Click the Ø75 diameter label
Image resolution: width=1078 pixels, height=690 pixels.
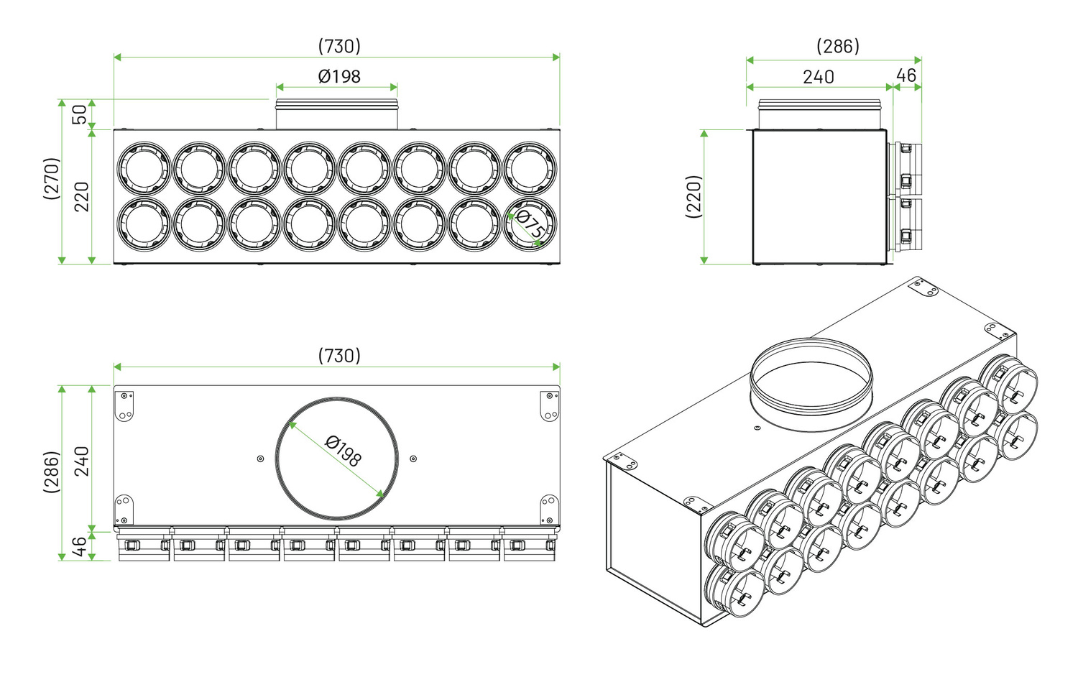coord(530,225)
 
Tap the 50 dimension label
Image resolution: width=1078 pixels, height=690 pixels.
coord(80,114)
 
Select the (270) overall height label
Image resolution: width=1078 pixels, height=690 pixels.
coord(52,178)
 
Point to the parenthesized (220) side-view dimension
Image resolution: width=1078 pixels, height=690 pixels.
coord(694,196)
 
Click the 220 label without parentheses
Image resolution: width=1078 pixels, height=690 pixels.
coord(82,196)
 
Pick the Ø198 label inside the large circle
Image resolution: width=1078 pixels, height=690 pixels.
coord(344,451)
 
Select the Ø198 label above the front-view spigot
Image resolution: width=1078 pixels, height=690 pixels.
coord(338,76)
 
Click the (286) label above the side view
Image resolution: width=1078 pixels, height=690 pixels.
coord(838,46)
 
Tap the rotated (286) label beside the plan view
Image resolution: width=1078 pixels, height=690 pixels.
coord(52,472)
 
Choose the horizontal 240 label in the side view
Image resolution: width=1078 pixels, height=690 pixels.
coord(818,77)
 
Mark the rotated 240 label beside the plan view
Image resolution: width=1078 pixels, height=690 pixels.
coord(82,461)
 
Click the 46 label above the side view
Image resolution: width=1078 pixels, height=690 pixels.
coord(906,75)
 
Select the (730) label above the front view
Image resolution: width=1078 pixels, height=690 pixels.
coord(339,46)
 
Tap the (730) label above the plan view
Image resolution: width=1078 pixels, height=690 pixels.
coord(339,356)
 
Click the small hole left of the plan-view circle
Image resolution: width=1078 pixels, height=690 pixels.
coord(260,459)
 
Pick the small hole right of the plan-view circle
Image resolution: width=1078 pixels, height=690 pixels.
coord(413,459)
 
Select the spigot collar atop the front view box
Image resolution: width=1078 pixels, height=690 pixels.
coord(337,114)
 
